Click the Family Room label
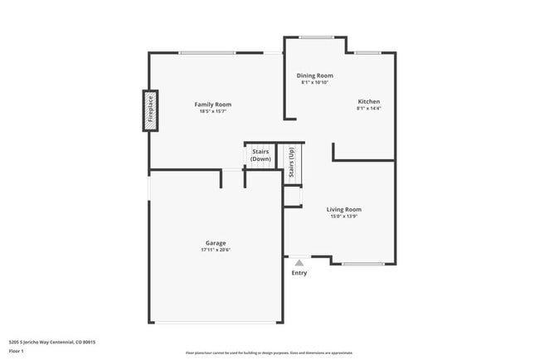tap(213, 105)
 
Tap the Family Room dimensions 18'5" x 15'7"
tap(213, 112)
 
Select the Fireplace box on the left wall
tap(151, 111)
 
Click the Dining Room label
tap(315, 75)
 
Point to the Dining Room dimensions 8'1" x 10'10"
tap(315, 83)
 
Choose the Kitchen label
tap(369, 100)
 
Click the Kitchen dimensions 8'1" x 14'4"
tap(369, 108)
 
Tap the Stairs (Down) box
tap(260, 155)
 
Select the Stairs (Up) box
tap(291, 162)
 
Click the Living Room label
tap(343, 209)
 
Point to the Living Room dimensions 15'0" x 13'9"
tap(343, 216)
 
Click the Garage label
tap(216, 243)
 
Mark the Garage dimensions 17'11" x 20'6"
tap(216, 250)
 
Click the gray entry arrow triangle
tap(299, 263)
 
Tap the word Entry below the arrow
tap(299, 273)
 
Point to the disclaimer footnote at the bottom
tap(269, 353)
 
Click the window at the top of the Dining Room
tap(316, 36)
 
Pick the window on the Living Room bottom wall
tap(362, 264)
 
